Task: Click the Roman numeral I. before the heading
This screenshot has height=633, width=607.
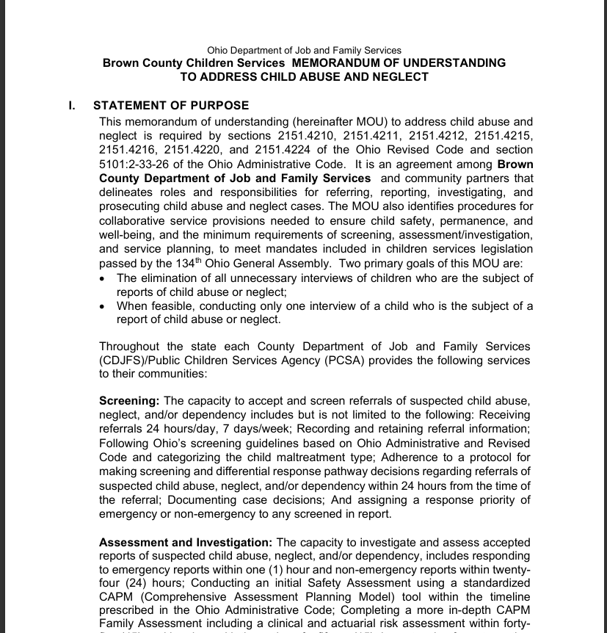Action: point(73,106)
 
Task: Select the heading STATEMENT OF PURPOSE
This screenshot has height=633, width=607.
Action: point(171,106)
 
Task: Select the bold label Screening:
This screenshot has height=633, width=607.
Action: point(129,401)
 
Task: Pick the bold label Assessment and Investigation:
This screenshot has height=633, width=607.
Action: point(186,543)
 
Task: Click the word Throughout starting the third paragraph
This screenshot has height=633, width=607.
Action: point(130,347)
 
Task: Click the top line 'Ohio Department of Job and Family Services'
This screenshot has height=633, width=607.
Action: point(304,50)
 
